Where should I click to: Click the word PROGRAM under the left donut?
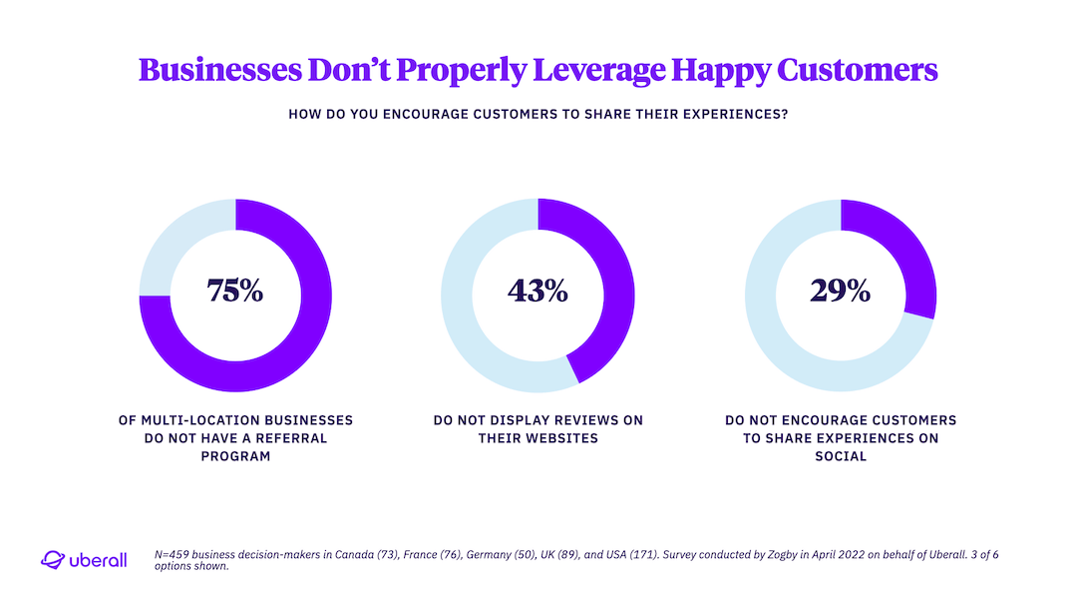pyautogui.click(x=235, y=456)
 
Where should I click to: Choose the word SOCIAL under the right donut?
pyautogui.click(x=841, y=456)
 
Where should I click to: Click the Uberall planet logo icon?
pyautogui.click(x=52, y=560)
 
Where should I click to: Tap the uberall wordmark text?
pyautogui.click(x=99, y=561)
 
